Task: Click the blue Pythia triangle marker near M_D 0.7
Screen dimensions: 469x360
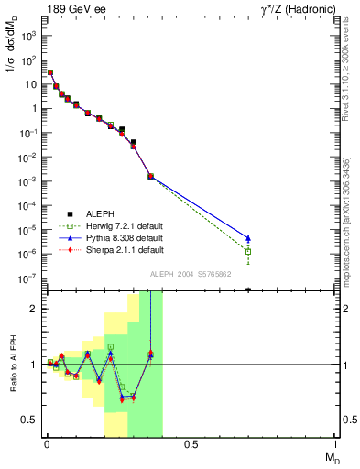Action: [x=248, y=238]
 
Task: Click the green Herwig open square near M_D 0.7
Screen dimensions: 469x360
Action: [x=248, y=251]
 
